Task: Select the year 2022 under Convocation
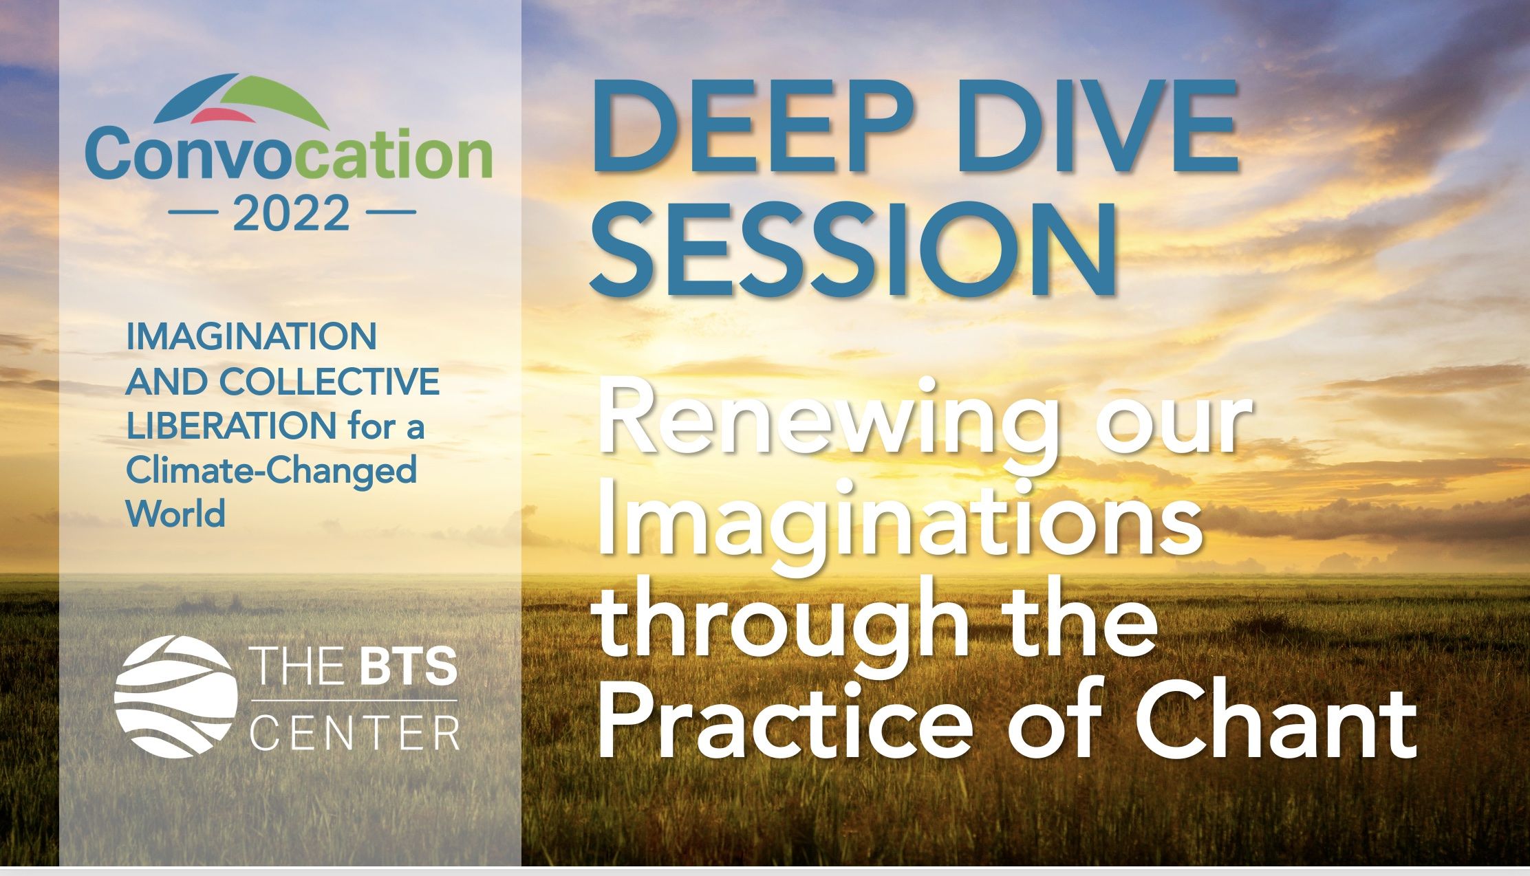pos(292,213)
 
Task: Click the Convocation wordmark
pos(289,156)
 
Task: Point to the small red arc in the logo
pos(213,116)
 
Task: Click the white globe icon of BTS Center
pos(175,696)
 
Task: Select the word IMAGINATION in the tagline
pos(251,336)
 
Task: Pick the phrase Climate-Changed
pos(272,472)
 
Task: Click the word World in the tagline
pos(176,514)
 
